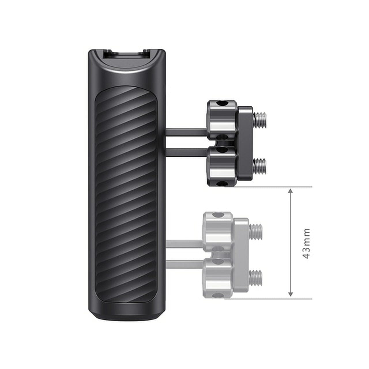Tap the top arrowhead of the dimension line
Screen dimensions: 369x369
click(x=291, y=191)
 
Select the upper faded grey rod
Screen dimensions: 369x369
click(x=184, y=244)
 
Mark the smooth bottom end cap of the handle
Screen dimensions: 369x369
click(x=126, y=313)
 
